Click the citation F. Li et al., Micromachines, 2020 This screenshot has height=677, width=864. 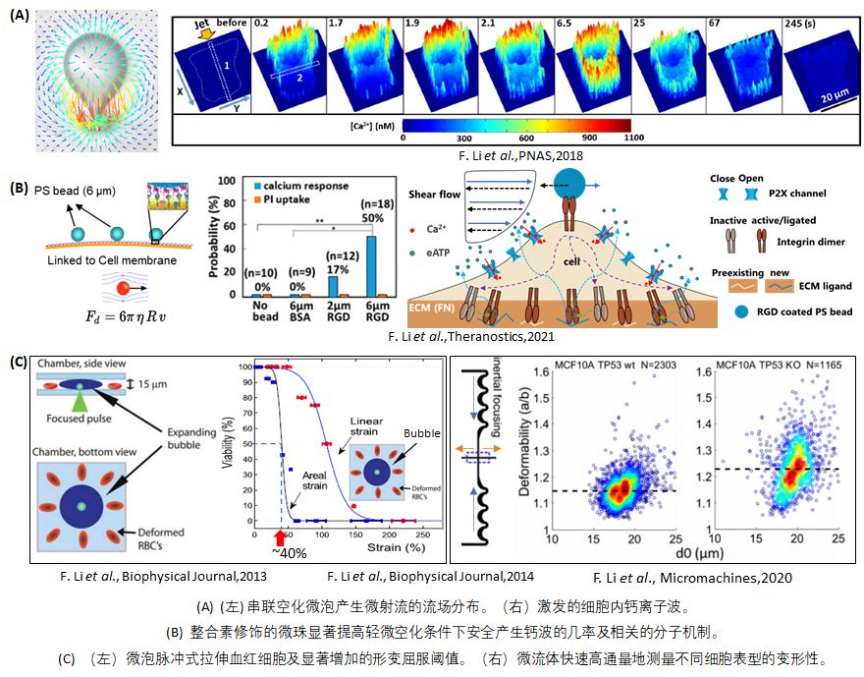(693, 578)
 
